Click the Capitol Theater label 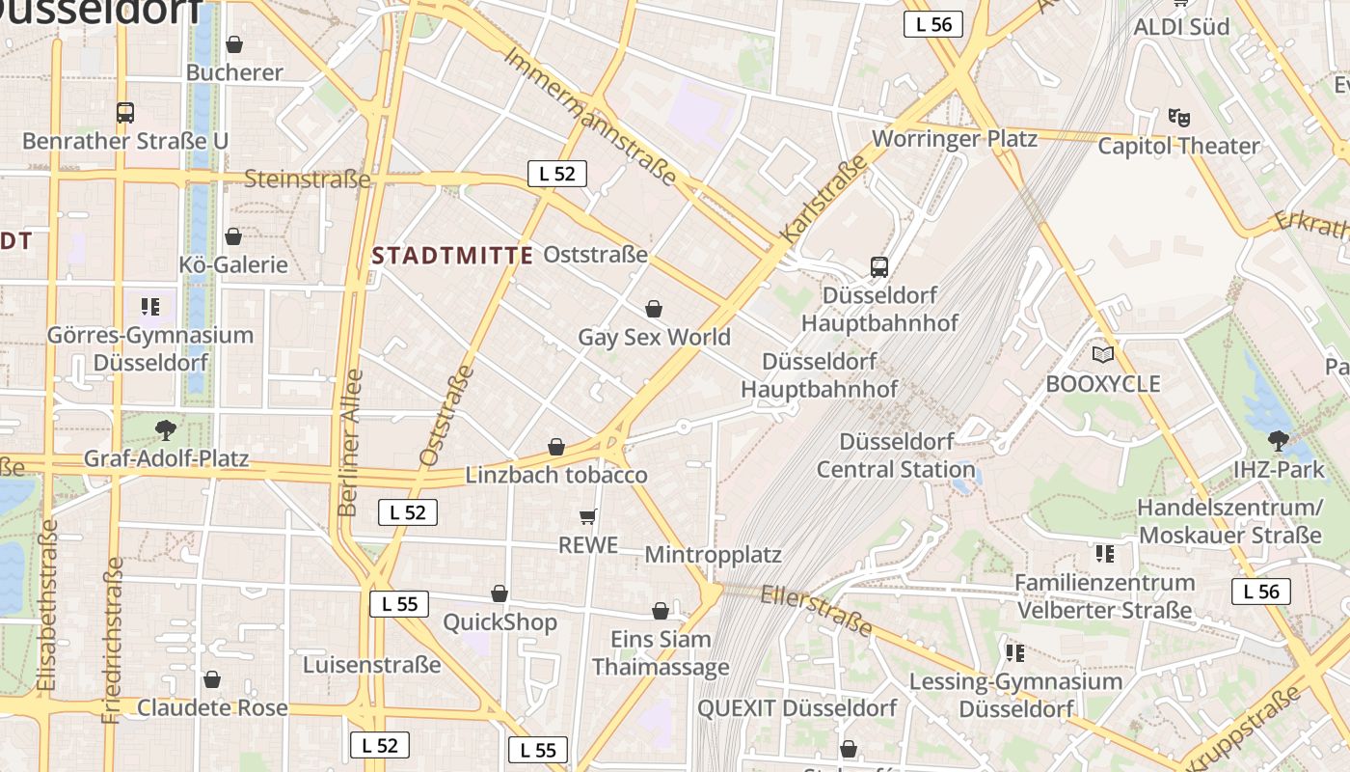(1178, 146)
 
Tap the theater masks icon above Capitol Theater (1178, 118)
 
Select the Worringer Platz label (955, 138)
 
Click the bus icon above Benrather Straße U (125, 112)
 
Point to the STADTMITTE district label (452, 256)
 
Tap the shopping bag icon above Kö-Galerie (233, 236)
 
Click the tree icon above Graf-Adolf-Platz (166, 429)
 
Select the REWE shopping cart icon (588, 517)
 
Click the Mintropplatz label (713, 555)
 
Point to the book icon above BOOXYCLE (1102, 355)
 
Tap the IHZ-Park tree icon (1279, 441)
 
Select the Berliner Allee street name (350, 442)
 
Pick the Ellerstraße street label (816, 611)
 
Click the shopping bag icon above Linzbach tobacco (556, 447)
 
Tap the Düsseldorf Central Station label (896, 455)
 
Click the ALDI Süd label (1181, 27)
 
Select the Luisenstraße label (371, 665)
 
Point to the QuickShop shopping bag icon (499, 593)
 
